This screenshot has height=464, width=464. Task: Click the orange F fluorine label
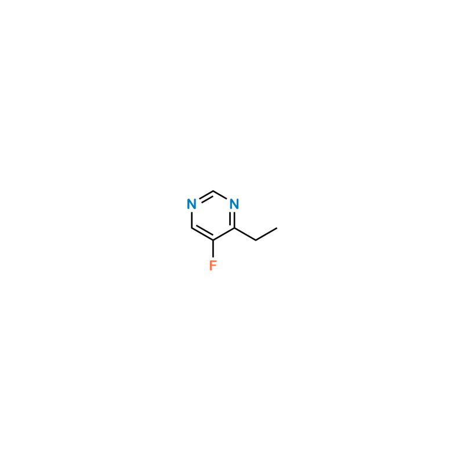pyautogui.click(x=213, y=265)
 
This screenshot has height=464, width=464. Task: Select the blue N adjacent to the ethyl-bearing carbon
pyautogui.click(x=234, y=204)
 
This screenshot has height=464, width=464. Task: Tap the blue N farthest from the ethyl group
pyautogui.click(x=192, y=204)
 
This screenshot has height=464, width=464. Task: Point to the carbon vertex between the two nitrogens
pyautogui.click(x=213, y=191)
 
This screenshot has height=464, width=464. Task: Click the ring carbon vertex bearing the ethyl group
pyautogui.click(x=234, y=228)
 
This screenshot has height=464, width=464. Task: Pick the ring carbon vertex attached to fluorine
pyautogui.click(x=213, y=240)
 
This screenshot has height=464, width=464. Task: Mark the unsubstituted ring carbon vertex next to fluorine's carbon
pyautogui.click(x=192, y=228)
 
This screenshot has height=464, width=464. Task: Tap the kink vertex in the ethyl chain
pyautogui.click(x=256, y=240)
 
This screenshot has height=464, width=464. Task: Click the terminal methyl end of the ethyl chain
pyautogui.click(x=277, y=228)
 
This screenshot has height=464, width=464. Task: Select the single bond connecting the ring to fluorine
pyautogui.click(x=213, y=249)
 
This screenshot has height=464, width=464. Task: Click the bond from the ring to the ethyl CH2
pyautogui.click(x=245, y=234)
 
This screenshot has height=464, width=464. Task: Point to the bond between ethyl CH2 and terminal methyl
pyautogui.click(x=266, y=234)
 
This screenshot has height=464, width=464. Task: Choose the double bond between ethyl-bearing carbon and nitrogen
pyautogui.click(x=233, y=220)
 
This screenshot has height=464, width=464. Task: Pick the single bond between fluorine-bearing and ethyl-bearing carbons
pyautogui.click(x=224, y=234)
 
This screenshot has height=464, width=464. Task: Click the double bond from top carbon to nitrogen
pyautogui.click(x=206, y=197)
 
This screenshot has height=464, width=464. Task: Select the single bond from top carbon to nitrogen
pyautogui.click(x=220, y=195)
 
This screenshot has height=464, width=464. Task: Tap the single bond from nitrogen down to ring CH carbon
pyautogui.click(x=192, y=220)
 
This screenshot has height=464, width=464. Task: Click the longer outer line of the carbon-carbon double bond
pyautogui.click(x=202, y=234)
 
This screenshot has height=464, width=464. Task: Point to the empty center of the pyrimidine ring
pyautogui.click(x=213, y=216)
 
